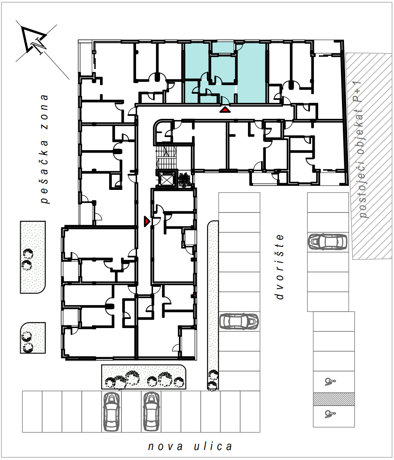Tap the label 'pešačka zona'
(x=44, y=149)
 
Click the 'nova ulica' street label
(x=190, y=446)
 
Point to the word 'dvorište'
(x=280, y=267)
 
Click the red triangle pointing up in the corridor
(x=225, y=110)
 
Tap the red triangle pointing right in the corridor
(x=147, y=221)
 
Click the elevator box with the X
(x=166, y=179)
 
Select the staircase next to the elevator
(x=166, y=157)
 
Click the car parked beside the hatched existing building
(x=327, y=242)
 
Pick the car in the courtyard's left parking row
(x=239, y=321)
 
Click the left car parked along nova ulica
(x=111, y=412)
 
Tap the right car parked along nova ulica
(x=151, y=412)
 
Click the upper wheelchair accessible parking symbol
(x=330, y=381)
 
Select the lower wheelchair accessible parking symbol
(x=330, y=414)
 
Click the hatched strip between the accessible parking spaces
(x=334, y=399)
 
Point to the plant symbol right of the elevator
(x=184, y=180)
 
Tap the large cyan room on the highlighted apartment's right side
(x=252, y=73)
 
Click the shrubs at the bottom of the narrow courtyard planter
(x=213, y=380)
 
